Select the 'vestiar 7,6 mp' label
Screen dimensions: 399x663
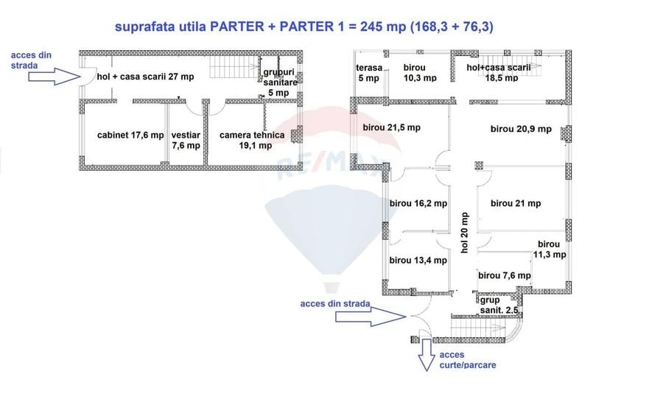pyautogui.click(x=186, y=140)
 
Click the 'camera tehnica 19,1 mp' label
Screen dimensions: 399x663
pyautogui.click(x=252, y=140)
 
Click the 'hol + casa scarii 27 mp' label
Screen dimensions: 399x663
pyautogui.click(x=146, y=77)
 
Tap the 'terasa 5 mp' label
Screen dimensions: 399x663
pyautogui.click(x=369, y=73)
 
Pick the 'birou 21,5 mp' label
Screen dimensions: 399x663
pyautogui.click(x=391, y=127)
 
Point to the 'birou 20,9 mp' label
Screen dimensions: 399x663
pyautogui.click(x=521, y=129)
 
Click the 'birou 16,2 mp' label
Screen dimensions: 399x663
pyautogui.click(x=418, y=203)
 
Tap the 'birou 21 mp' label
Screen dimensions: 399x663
pyautogui.click(x=516, y=203)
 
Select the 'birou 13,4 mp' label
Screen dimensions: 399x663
pyautogui.click(x=418, y=260)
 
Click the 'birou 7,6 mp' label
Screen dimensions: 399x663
pyautogui.click(x=505, y=276)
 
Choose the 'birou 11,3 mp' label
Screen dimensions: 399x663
pyautogui.click(x=550, y=250)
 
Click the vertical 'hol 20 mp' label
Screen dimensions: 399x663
pyautogui.click(x=465, y=233)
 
